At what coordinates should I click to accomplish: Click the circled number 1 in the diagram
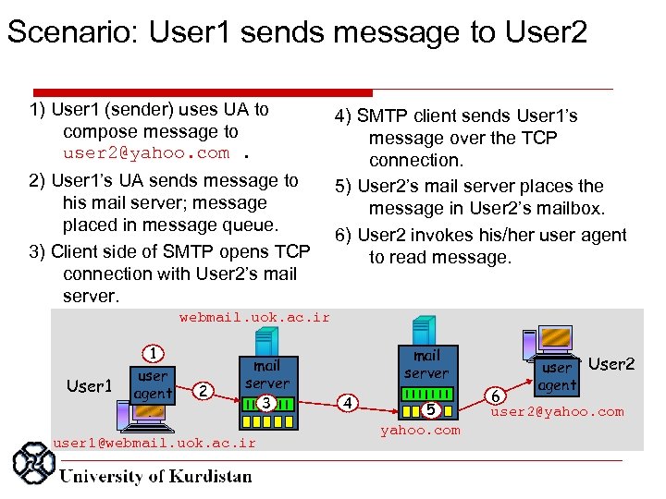click(153, 351)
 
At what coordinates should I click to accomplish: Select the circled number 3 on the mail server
click(265, 402)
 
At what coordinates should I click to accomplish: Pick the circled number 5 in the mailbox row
click(429, 409)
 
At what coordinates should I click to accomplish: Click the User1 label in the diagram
click(90, 386)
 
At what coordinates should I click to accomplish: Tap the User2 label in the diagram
click(611, 364)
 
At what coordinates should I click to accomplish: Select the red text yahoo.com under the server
click(420, 430)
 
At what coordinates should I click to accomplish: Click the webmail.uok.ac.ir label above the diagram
click(253, 317)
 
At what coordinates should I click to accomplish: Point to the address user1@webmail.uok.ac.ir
click(154, 443)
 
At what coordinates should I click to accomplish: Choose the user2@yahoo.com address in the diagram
click(570, 411)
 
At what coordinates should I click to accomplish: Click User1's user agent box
click(153, 384)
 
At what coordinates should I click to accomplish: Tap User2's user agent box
click(557, 376)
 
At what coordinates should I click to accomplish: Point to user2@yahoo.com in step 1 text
click(146, 153)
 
